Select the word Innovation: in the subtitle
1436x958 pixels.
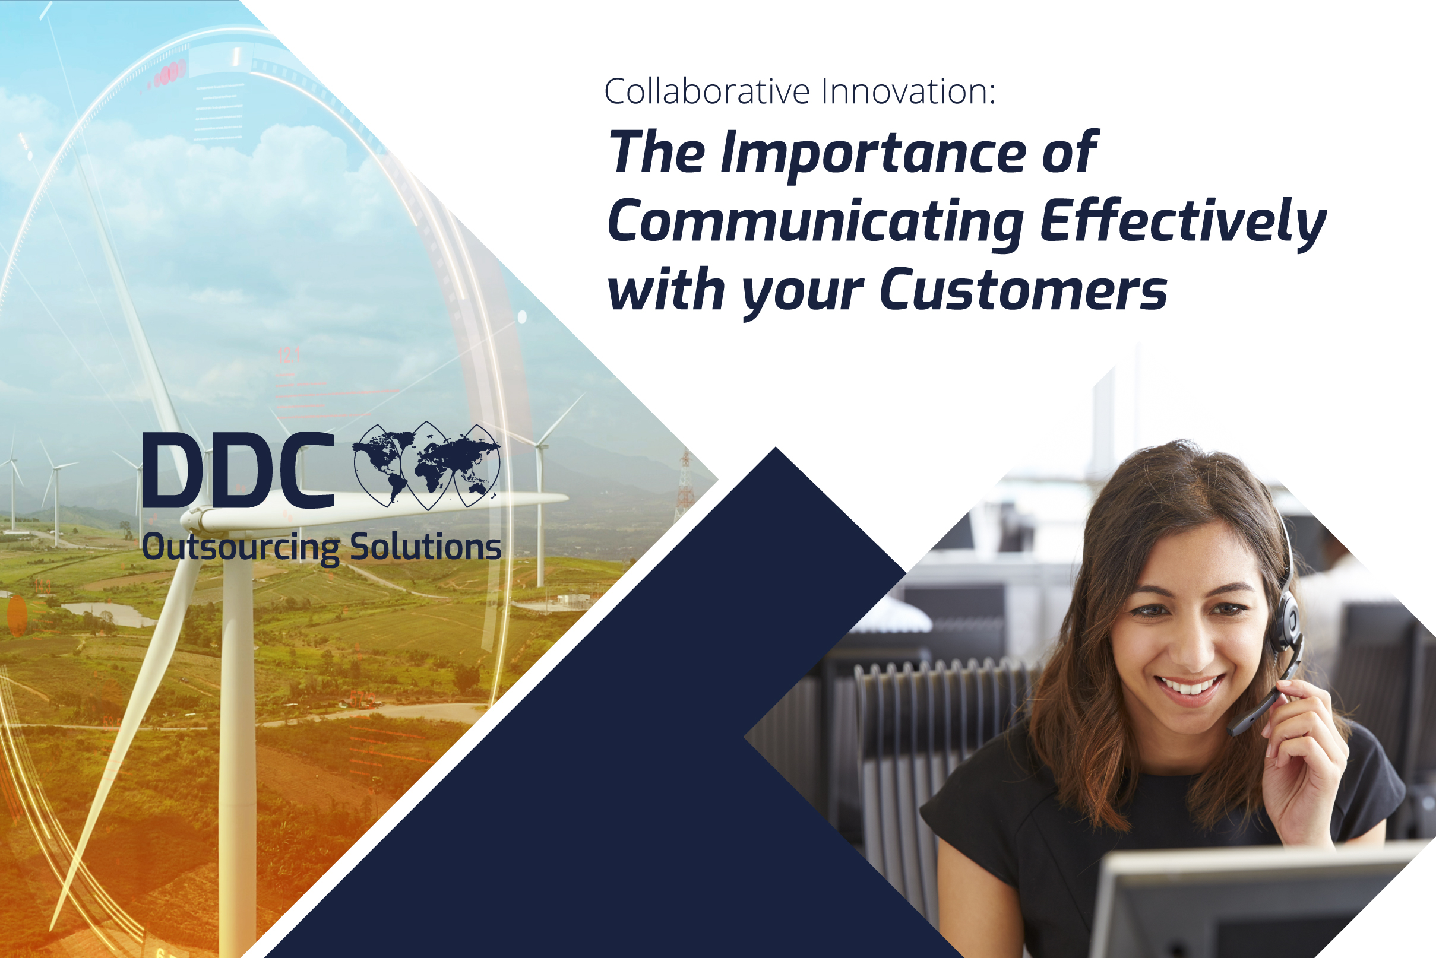tap(908, 91)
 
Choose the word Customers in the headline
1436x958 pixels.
tap(1023, 291)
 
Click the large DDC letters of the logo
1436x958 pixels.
tap(238, 471)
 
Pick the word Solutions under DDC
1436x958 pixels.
tap(425, 546)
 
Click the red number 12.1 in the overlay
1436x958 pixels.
tap(289, 355)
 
